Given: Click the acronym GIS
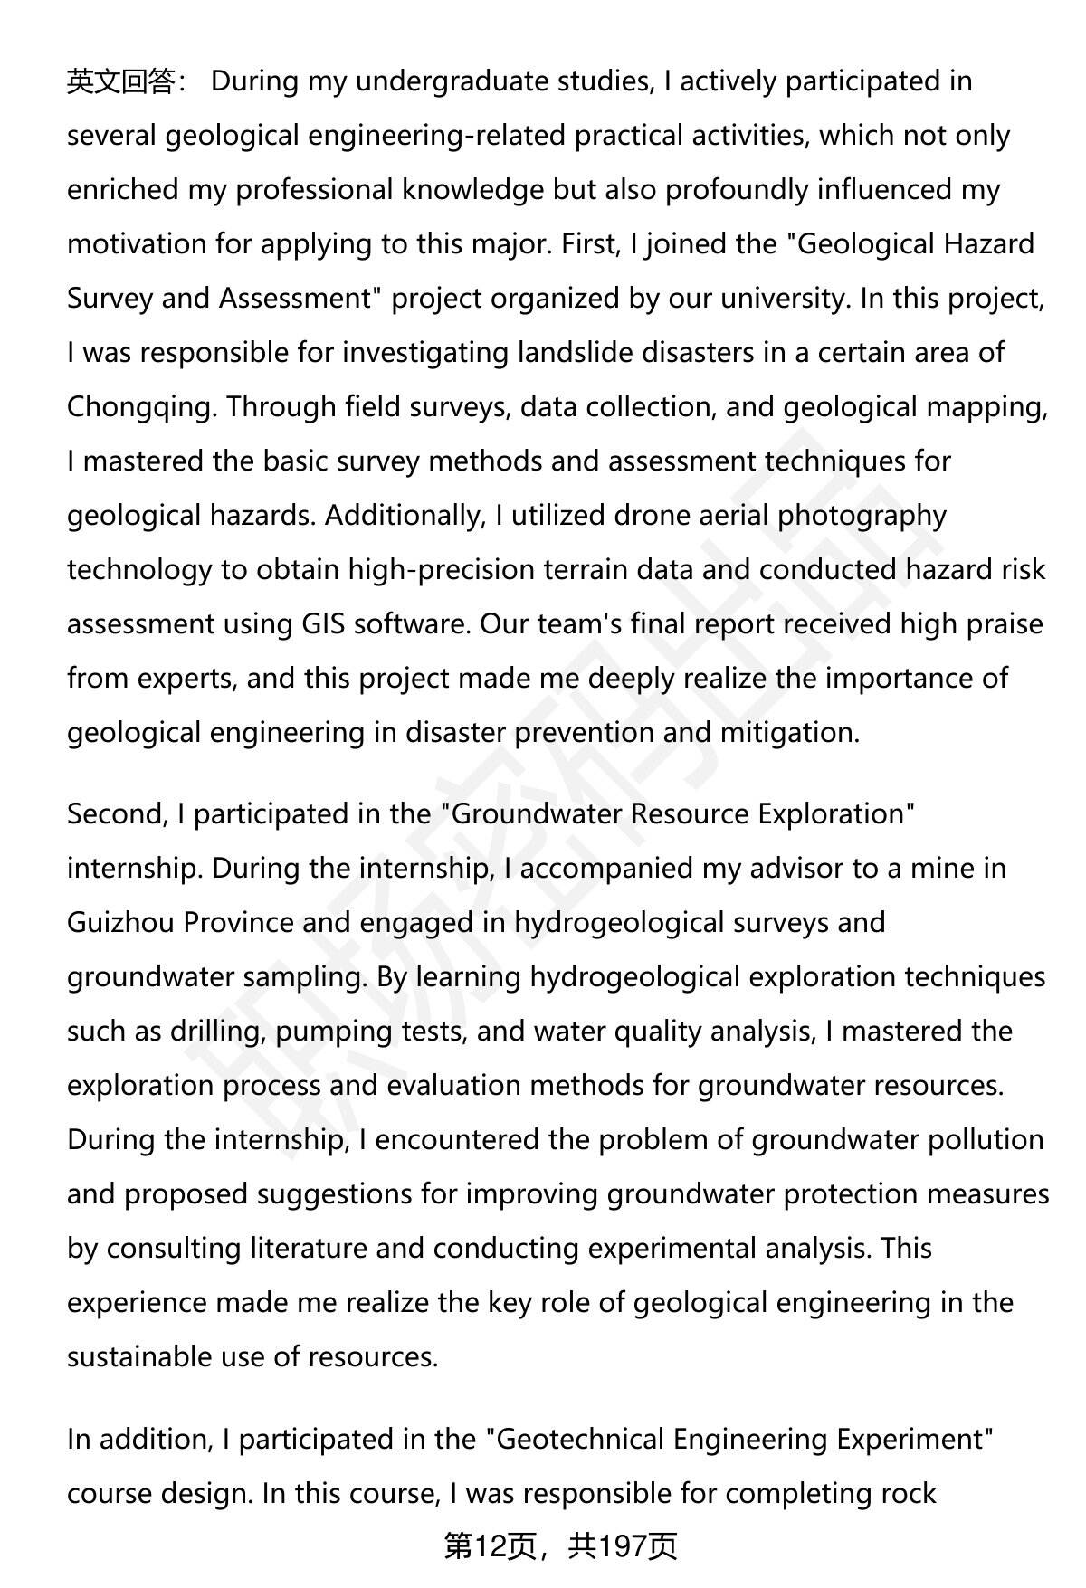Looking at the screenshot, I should click(323, 624).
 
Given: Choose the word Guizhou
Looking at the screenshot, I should click(119, 923).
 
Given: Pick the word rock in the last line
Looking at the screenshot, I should click(908, 1493).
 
